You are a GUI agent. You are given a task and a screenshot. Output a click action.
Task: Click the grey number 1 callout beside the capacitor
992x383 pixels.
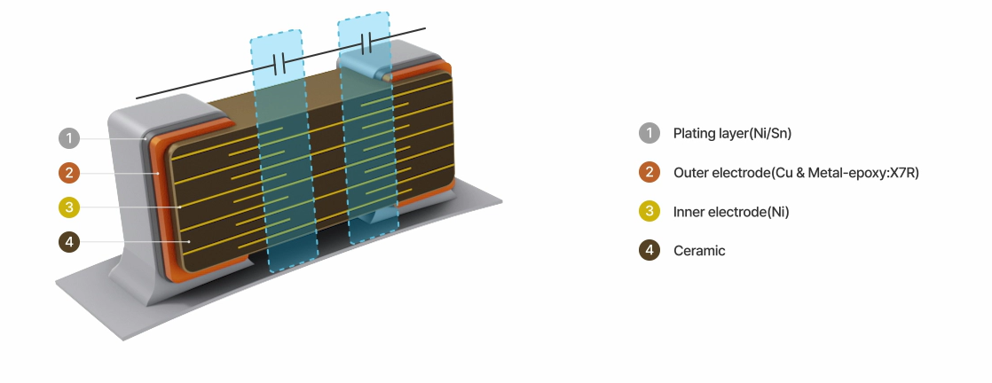coord(69,138)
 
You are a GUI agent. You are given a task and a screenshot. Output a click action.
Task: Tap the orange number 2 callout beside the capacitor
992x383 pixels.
coord(69,173)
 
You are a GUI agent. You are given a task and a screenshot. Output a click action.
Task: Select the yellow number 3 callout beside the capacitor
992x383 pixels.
coord(69,207)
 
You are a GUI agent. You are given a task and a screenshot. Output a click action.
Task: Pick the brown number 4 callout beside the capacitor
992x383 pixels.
coord(69,242)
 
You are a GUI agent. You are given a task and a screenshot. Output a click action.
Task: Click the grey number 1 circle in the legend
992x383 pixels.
coord(650,133)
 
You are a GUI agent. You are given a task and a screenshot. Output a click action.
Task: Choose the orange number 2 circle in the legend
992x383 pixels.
coord(650,172)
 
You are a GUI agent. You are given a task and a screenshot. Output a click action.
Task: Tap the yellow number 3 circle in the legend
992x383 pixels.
coord(650,211)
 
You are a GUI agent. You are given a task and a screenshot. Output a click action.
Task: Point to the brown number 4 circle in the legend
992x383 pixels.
coord(650,250)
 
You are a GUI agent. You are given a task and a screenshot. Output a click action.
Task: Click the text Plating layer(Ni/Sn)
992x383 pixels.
coord(732,134)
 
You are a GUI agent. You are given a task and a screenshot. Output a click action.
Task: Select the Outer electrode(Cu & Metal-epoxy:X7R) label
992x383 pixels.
coord(796,173)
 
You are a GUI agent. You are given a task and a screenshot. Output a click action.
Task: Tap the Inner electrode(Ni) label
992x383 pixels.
coord(731,212)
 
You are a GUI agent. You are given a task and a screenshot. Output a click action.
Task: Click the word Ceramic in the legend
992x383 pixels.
coord(699,251)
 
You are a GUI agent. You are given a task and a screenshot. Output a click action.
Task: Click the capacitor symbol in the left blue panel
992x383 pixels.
coord(279,64)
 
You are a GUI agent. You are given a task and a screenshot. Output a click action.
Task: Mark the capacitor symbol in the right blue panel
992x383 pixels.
coord(366,43)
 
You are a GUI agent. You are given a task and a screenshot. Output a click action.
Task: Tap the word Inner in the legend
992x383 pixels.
coord(689,212)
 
